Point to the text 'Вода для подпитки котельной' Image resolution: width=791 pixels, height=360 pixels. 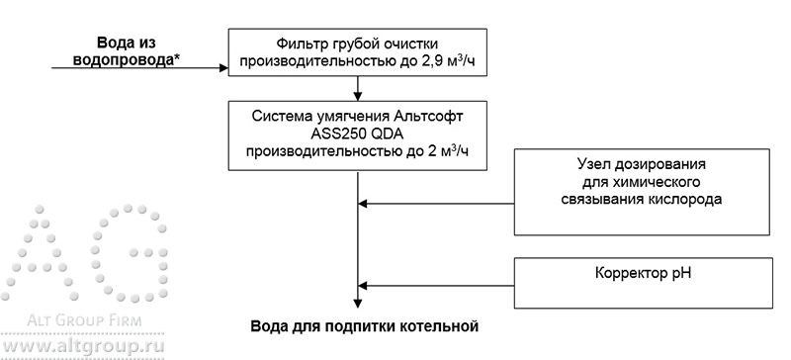[364, 324]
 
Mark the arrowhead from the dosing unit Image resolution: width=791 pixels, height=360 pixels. [361, 205]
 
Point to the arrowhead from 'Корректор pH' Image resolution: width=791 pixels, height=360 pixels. [361, 284]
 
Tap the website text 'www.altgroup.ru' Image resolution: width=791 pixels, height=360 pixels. [83, 349]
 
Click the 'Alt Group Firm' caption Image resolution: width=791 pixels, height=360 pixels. [84, 321]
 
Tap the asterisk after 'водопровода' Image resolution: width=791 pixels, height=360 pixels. [175, 57]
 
